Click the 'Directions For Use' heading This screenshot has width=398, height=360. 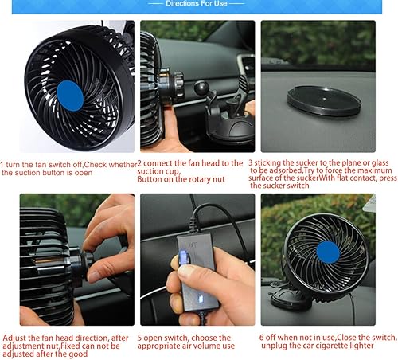click(197, 3)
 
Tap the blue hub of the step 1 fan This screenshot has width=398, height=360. click(70, 96)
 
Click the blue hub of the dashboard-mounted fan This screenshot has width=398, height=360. click(328, 252)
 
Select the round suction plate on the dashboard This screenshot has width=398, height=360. click(324, 100)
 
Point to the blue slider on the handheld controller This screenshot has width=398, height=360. click(182, 257)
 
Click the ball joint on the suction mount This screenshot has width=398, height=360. click(201, 88)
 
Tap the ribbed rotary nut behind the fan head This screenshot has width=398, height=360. click(178, 84)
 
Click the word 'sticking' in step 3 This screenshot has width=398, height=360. click(267, 163)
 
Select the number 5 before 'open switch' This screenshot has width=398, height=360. click(139, 338)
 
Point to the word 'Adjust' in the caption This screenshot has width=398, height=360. click(14, 338)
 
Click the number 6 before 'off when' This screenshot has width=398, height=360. click(261, 338)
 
